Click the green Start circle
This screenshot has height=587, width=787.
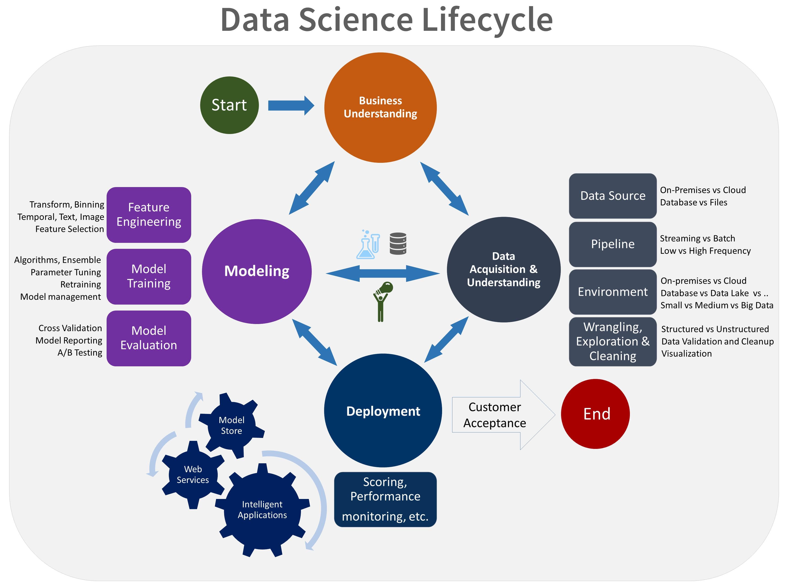click(x=229, y=105)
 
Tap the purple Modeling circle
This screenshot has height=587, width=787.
click(x=257, y=271)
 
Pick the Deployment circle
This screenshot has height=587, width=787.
click(x=383, y=411)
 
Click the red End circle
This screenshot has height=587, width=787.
click(x=595, y=414)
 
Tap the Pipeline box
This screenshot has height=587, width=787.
click(x=612, y=244)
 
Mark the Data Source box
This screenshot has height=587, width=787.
click(x=612, y=196)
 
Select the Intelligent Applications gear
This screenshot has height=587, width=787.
click(x=262, y=510)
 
